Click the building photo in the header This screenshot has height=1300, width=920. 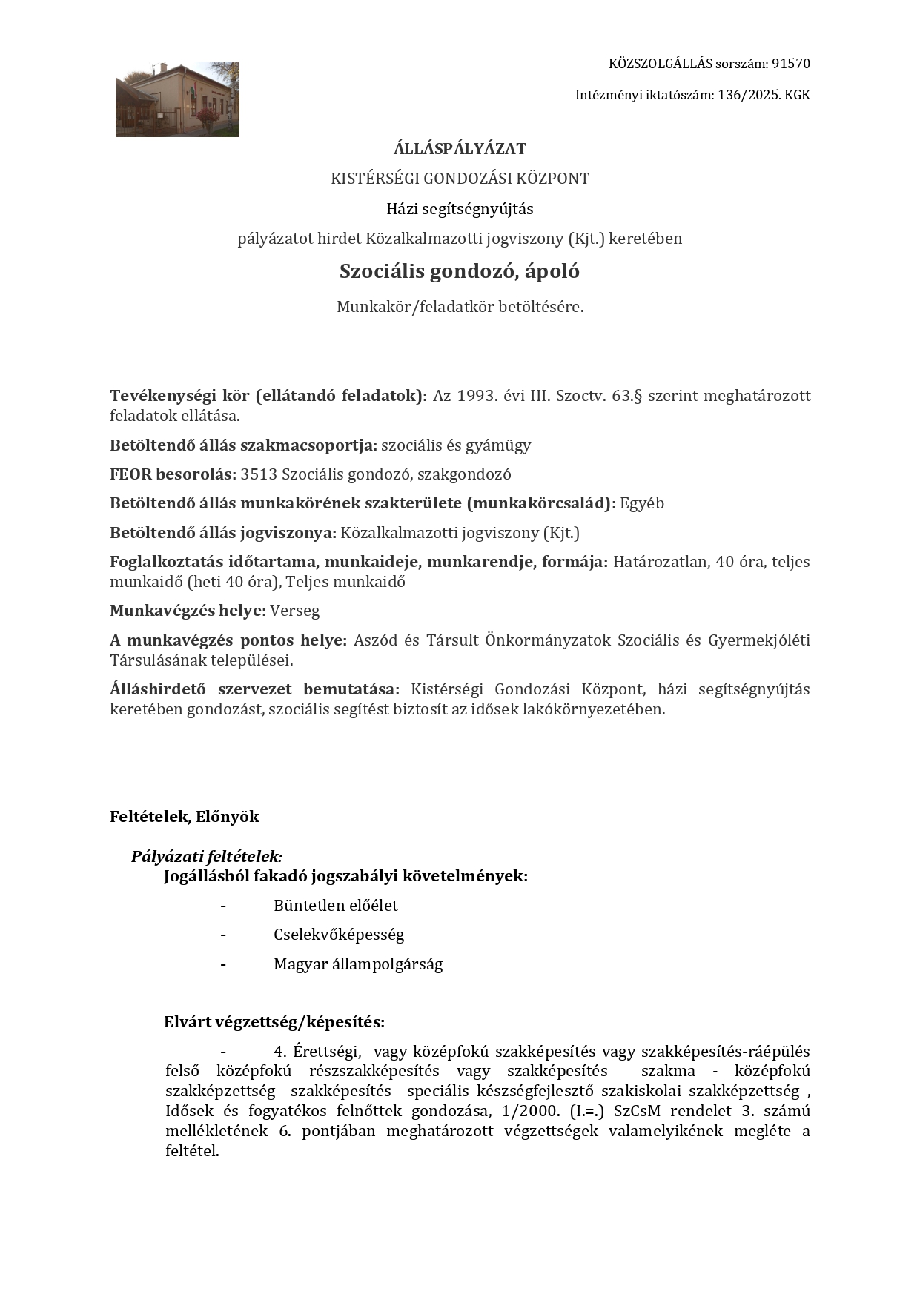click(177, 99)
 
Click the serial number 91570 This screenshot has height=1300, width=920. click(790, 64)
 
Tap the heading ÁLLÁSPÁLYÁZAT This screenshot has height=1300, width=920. click(460, 149)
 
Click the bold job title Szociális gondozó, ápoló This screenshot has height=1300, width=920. click(460, 271)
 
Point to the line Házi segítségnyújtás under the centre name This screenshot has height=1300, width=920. click(460, 209)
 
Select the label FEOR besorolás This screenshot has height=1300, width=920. click(173, 474)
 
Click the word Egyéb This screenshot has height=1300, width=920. click(642, 503)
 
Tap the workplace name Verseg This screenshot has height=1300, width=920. click(295, 611)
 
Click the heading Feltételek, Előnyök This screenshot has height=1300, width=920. click(185, 817)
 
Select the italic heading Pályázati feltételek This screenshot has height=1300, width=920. click(207, 857)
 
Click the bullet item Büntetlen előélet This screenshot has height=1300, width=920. click(336, 906)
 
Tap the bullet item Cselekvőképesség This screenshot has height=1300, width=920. click(339, 935)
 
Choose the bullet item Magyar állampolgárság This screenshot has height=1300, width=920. click(358, 964)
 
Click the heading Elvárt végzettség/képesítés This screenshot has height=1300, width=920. click(274, 1022)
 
